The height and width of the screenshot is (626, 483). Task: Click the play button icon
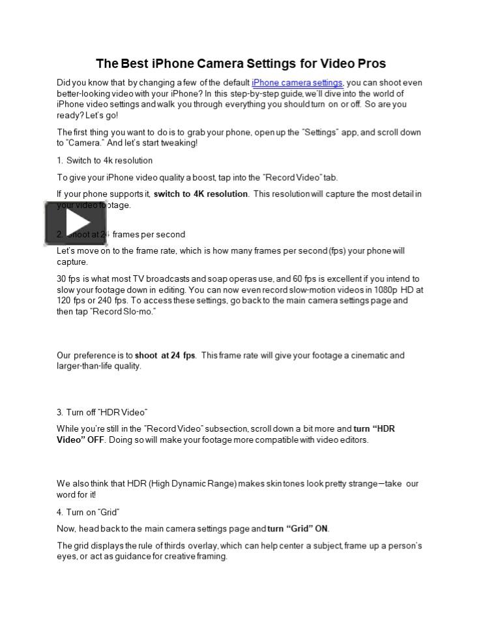(x=75, y=223)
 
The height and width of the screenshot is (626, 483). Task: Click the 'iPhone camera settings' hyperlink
(x=297, y=83)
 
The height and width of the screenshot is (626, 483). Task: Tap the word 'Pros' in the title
(x=372, y=63)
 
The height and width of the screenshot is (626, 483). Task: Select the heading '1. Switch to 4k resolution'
(x=104, y=160)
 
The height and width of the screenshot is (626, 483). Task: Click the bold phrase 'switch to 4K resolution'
(x=201, y=194)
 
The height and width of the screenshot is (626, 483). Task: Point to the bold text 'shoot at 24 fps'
(x=165, y=355)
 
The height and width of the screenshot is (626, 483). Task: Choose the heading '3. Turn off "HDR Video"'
(x=102, y=412)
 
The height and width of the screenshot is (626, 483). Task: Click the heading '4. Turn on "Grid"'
(x=88, y=513)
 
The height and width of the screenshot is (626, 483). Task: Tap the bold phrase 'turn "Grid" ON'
(x=298, y=529)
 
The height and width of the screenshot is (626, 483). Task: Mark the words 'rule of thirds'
(x=181, y=546)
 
